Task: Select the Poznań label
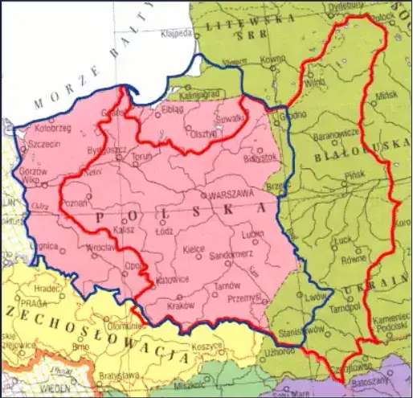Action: tap(76, 203)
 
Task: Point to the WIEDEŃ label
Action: tap(57, 387)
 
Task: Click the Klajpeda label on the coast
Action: tap(176, 34)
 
